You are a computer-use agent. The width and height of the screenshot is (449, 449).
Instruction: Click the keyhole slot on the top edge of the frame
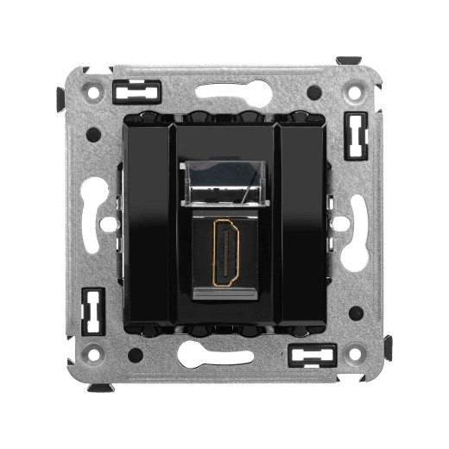(x=224, y=92)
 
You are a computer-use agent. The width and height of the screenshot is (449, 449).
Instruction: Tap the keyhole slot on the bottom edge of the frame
(x=224, y=355)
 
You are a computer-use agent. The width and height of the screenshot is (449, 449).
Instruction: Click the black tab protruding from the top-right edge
(x=348, y=60)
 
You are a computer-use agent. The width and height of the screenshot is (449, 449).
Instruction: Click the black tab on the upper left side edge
(x=61, y=97)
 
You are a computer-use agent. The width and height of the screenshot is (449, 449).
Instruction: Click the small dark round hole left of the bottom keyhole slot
(x=136, y=354)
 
